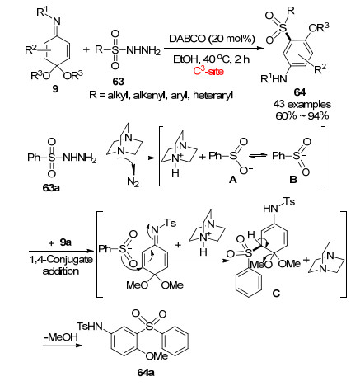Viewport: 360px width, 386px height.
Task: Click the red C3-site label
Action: (x=208, y=71)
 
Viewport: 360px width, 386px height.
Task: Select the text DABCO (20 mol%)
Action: (x=212, y=39)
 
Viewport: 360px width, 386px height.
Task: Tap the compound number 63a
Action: (x=51, y=188)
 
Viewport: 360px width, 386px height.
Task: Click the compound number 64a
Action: (x=146, y=373)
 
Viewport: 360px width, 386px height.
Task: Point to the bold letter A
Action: (x=233, y=180)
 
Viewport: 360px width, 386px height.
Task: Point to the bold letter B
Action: (x=293, y=180)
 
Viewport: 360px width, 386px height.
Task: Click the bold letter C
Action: (x=276, y=294)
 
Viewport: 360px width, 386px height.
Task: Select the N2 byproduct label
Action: (x=133, y=181)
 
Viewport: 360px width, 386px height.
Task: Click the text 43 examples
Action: (x=302, y=104)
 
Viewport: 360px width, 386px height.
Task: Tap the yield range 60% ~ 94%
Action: (x=302, y=115)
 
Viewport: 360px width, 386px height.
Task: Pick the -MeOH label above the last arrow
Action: (x=61, y=337)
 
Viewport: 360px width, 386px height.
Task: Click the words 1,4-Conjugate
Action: (x=61, y=260)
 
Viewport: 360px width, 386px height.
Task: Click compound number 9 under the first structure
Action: (x=55, y=88)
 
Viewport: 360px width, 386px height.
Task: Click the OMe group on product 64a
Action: (x=157, y=356)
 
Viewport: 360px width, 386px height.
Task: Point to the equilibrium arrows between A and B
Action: (x=258, y=156)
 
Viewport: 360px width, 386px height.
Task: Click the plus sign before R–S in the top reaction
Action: (x=86, y=49)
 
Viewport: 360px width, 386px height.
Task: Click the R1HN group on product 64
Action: (x=274, y=79)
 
